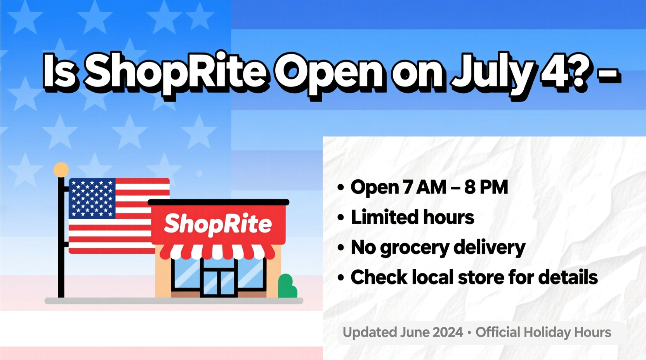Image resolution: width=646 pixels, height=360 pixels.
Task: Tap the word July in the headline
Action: click(x=491, y=73)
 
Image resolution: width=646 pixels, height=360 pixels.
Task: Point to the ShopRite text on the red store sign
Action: click(x=218, y=224)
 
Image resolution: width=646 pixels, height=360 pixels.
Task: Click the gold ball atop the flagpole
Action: click(x=61, y=170)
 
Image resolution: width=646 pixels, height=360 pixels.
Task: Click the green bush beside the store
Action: click(x=287, y=287)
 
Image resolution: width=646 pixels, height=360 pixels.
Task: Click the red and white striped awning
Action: click(x=217, y=252)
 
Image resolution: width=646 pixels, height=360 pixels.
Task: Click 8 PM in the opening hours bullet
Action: click(x=486, y=187)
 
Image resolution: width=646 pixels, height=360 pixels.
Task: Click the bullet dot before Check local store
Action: click(x=341, y=278)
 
